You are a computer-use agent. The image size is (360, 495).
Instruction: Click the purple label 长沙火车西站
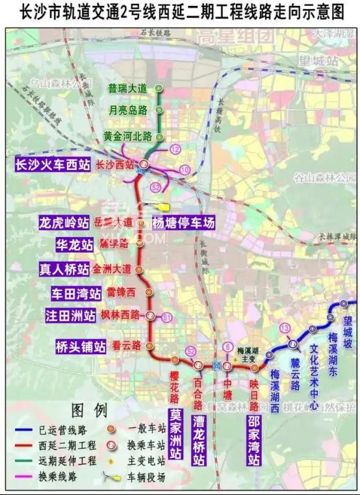[x=53, y=165]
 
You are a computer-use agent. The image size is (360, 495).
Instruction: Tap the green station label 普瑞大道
[x=128, y=88]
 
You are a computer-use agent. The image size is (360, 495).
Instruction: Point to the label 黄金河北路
[x=127, y=136]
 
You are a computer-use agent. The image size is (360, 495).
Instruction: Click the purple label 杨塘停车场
[x=183, y=223]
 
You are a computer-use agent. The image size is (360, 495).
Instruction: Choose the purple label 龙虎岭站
[x=64, y=223]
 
